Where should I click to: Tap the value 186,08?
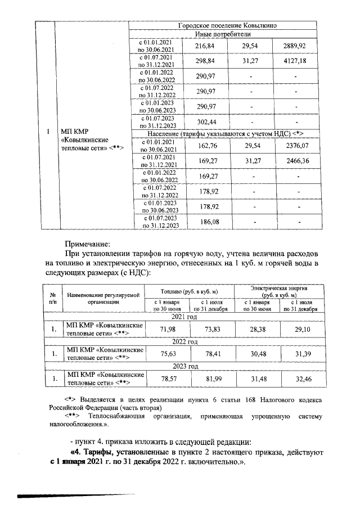point(208,222)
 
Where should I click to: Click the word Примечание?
point(88,245)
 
